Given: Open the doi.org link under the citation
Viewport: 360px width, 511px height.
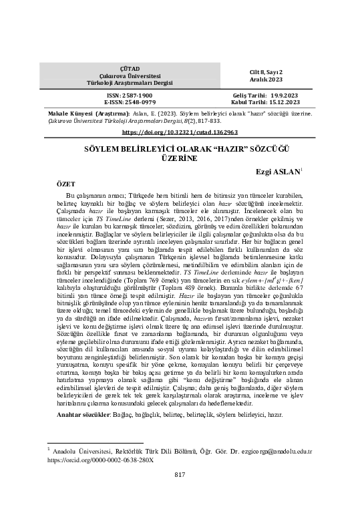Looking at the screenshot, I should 180,132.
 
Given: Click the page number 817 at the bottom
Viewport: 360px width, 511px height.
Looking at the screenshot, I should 179,474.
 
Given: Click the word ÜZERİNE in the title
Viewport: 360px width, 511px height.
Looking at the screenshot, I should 180,159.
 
